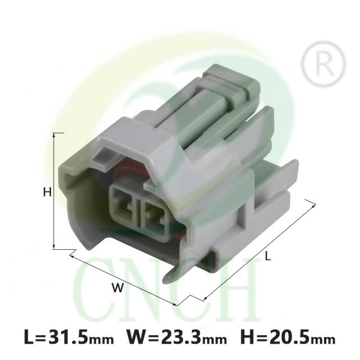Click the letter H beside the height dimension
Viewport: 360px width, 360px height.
coord(47,192)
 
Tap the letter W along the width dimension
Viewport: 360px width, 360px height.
coord(118,287)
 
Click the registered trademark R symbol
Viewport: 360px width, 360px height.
coord(323,64)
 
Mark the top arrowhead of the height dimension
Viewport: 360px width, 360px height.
coord(54,135)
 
